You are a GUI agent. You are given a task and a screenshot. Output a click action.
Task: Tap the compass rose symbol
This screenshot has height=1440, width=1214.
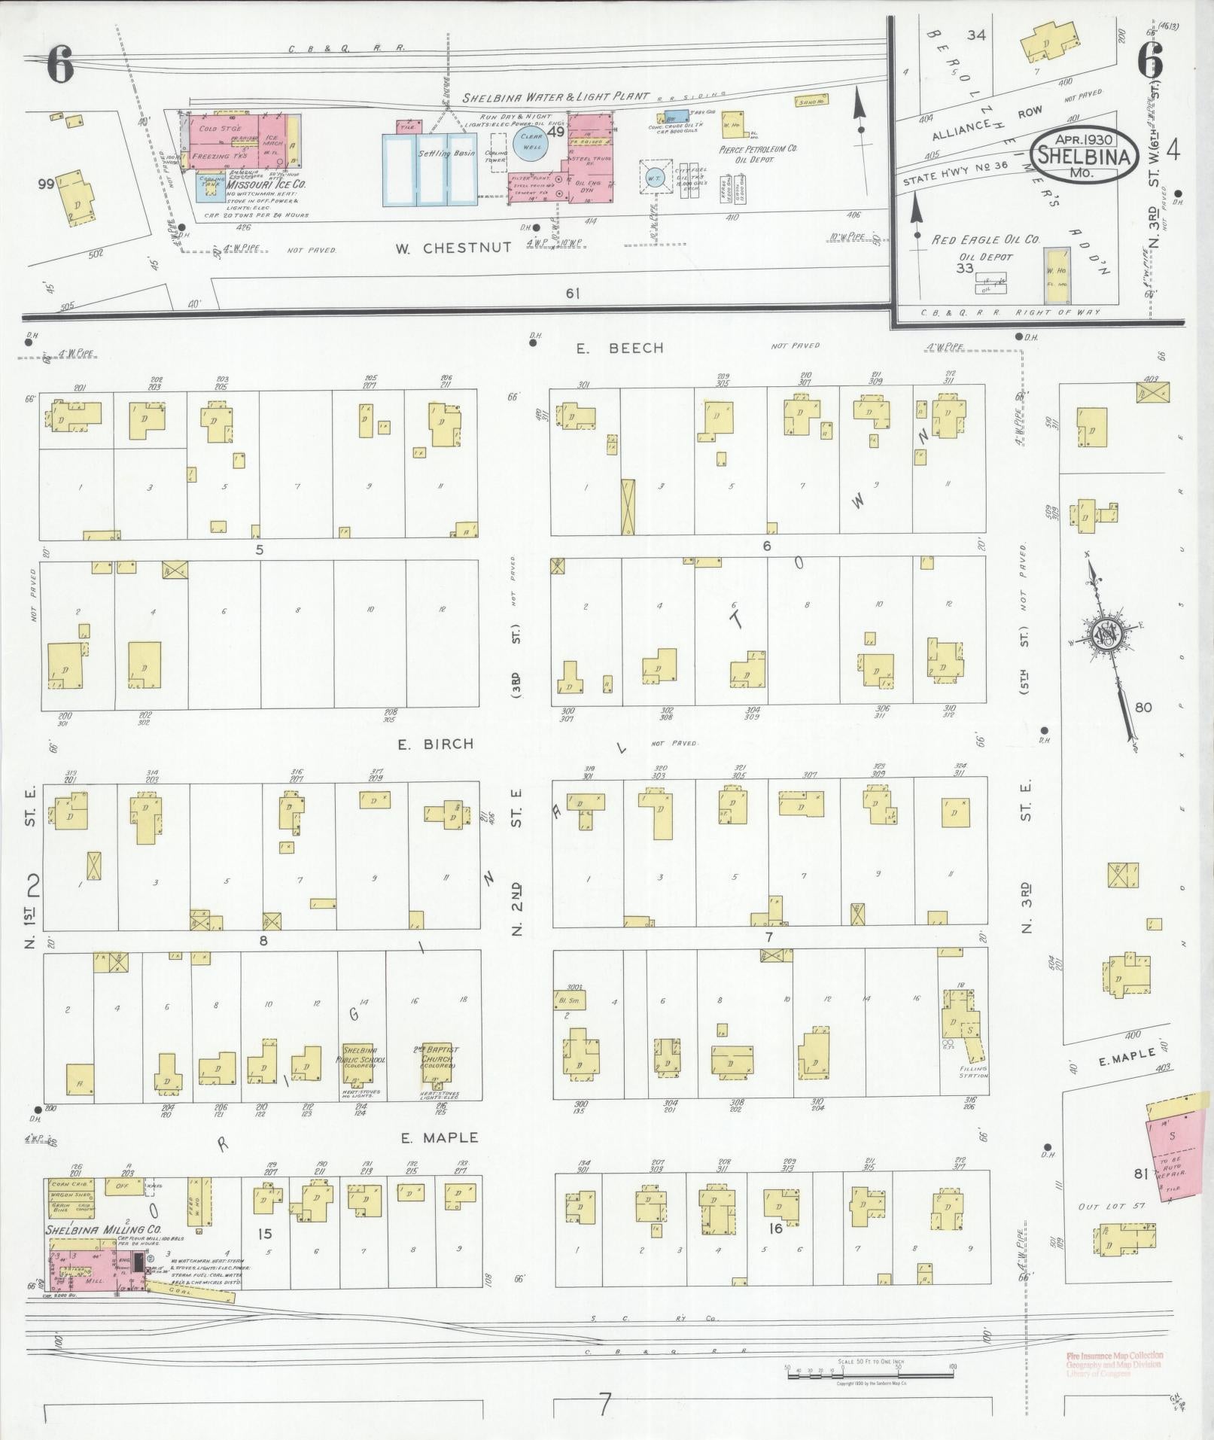click(x=1106, y=636)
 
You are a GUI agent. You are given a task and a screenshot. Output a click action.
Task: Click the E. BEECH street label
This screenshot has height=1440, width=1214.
click(x=620, y=348)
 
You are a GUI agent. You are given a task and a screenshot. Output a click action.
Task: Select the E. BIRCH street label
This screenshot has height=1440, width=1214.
click(x=436, y=744)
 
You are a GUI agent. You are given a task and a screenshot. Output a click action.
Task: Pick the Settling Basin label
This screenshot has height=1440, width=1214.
click(x=444, y=154)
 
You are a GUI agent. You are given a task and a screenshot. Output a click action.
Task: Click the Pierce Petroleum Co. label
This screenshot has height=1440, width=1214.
click(x=758, y=149)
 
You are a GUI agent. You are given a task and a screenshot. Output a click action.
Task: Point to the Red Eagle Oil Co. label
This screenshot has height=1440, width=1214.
click(x=986, y=239)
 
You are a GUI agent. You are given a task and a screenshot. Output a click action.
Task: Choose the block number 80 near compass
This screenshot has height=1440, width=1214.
click(x=1143, y=708)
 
